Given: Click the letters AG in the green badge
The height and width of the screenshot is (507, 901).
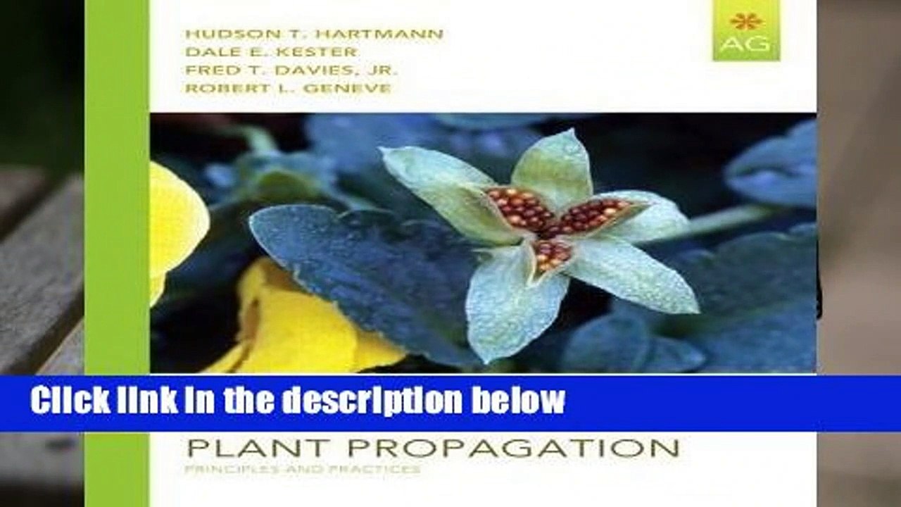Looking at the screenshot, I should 745,46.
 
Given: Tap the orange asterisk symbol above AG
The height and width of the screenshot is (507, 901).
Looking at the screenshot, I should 745,20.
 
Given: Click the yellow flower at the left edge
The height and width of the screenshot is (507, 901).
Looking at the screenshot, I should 176,218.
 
